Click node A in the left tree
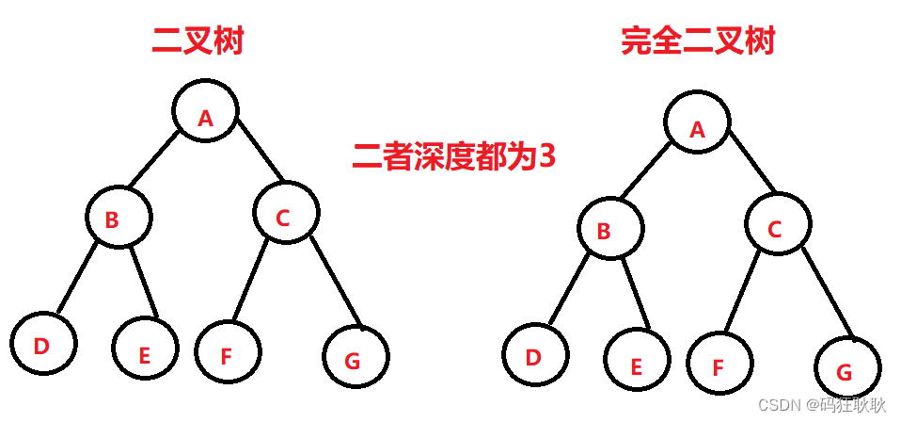206,110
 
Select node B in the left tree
118,218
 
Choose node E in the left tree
144,348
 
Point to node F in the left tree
229,349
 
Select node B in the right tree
610,229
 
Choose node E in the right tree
637,361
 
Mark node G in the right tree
847,368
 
